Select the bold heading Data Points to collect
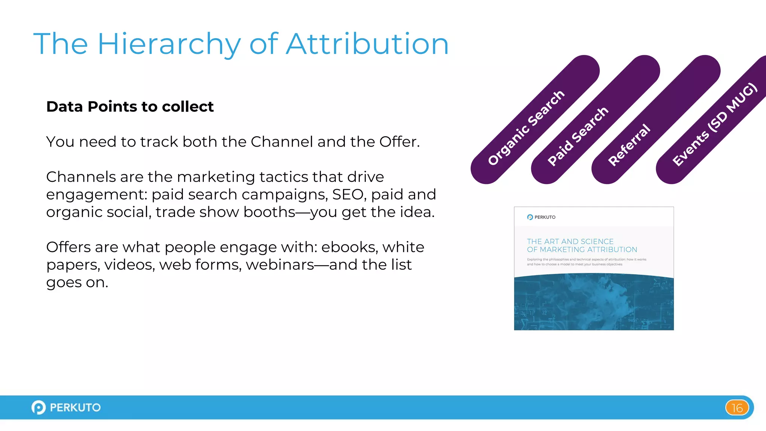130,107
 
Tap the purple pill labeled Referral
629,144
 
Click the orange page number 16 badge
737,407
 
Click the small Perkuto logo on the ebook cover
541,217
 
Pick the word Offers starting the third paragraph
68,247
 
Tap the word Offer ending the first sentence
399,142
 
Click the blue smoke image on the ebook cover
594,302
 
